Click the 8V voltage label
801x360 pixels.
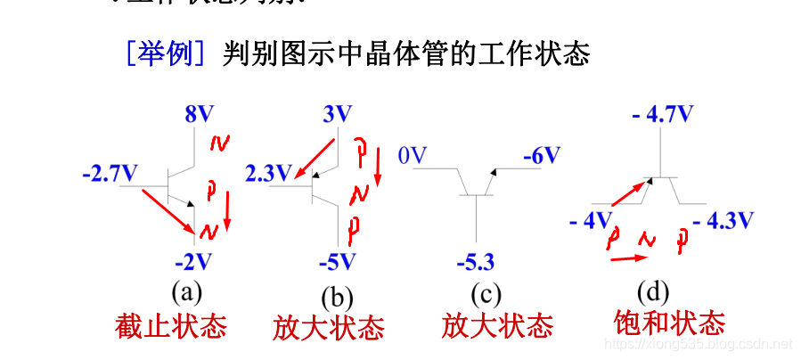(200, 114)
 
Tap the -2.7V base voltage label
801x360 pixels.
(110, 173)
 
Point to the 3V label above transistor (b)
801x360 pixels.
(337, 114)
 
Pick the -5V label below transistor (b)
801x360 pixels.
(337, 262)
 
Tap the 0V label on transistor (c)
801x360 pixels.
(413, 157)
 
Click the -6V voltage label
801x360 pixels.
(541, 156)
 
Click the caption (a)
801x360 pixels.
(188, 291)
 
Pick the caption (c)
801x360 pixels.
(482, 294)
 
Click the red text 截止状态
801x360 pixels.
(171, 326)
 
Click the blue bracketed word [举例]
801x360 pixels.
(167, 54)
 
